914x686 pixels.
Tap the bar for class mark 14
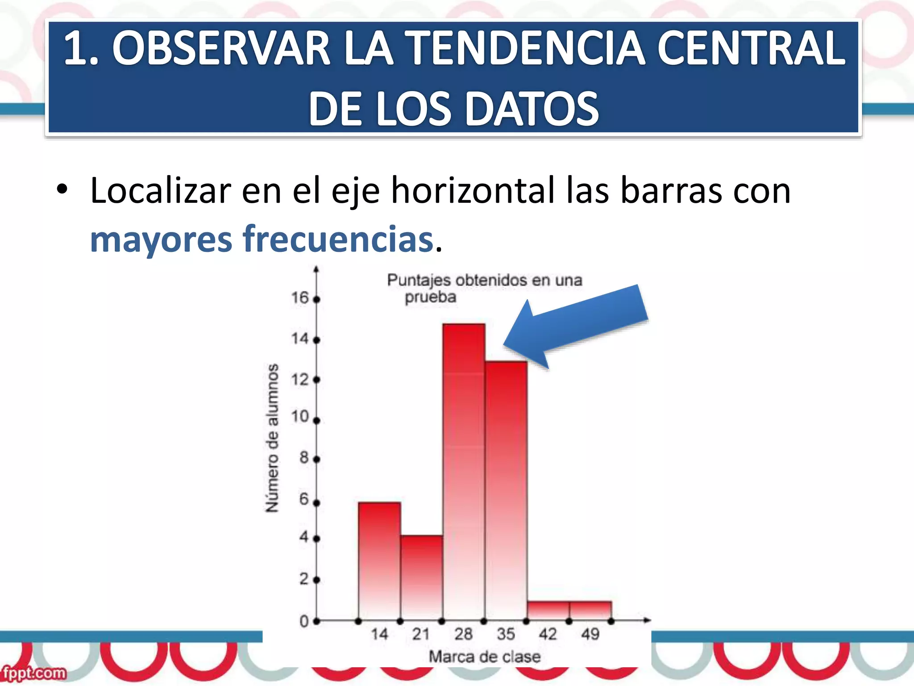[379, 561]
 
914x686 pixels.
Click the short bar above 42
[548, 611]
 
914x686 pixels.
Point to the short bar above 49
[590, 611]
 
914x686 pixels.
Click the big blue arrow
[576, 326]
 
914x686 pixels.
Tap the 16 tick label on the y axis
[300, 298]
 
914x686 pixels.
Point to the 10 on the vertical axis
[300, 417]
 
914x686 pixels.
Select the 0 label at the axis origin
[304, 621]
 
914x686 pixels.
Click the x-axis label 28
[463, 634]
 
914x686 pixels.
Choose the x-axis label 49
[590, 634]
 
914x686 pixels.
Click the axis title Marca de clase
[485, 657]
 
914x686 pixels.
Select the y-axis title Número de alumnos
[272, 438]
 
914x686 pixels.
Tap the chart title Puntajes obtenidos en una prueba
[484, 288]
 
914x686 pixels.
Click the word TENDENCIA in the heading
[527, 48]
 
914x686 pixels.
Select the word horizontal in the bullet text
[474, 191]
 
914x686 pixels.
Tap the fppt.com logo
[34, 673]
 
